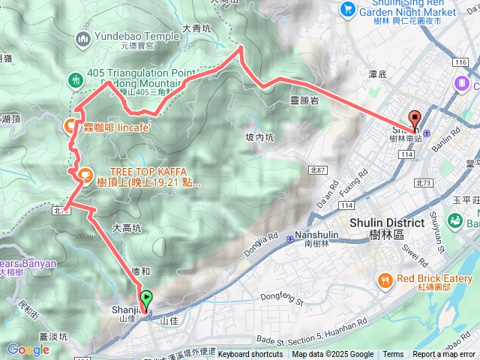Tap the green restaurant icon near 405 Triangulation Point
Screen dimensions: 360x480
(x=75, y=79)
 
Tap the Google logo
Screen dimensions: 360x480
(x=28, y=349)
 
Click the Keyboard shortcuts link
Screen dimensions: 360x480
(x=250, y=355)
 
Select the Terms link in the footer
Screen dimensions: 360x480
(x=393, y=355)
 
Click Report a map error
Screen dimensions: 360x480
(x=443, y=355)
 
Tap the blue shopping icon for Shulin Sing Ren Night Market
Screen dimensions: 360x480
(x=347, y=8)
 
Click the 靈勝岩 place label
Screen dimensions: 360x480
(x=304, y=98)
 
